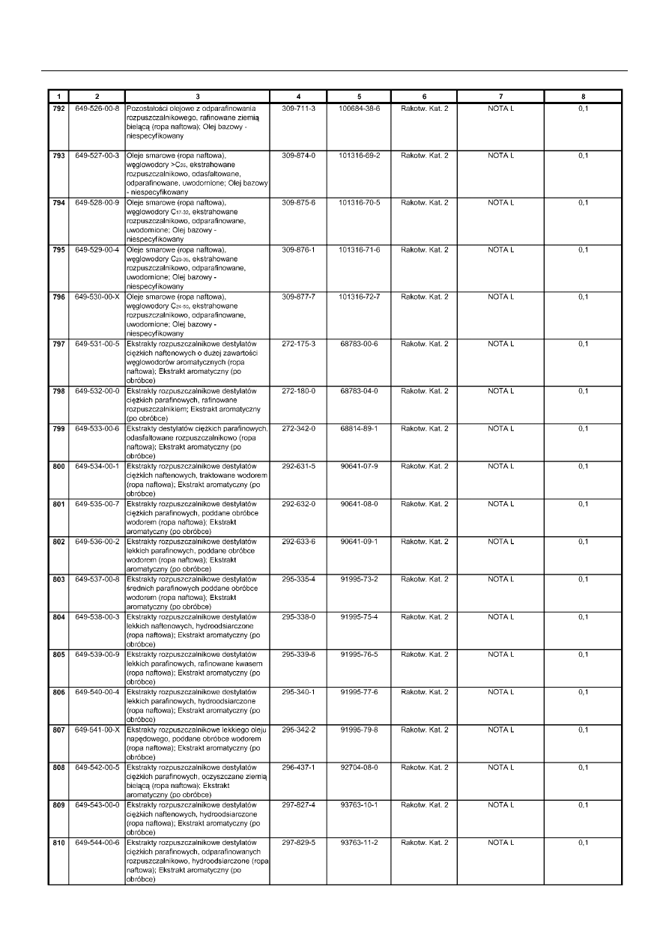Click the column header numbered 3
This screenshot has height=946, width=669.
click(197, 97)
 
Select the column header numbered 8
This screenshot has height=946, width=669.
click(583, 97)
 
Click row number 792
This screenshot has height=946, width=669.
click(58, 109)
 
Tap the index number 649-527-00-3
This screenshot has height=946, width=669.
click(97, 156)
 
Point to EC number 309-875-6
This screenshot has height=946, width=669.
click(298, 202)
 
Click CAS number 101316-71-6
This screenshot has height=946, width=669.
click(360, 249)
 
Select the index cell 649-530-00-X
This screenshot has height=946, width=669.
click(97, 297)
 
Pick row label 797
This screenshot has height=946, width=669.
click(58, 344)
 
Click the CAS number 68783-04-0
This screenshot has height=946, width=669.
click(360, 391)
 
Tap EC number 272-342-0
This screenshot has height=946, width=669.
click(298, 428)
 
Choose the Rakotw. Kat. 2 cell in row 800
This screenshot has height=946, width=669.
click(425, 466)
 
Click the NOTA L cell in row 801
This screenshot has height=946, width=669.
click(501, 503)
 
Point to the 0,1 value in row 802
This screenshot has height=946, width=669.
click(584, 542)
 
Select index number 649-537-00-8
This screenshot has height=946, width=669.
click(97, 579)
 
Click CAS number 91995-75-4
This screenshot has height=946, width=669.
click(360, 616)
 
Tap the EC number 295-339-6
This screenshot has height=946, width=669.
click(298, 655)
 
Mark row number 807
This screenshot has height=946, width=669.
click(58, 730)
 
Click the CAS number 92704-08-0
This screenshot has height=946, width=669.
click(360, 767)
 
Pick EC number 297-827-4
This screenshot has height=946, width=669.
click(298, 804)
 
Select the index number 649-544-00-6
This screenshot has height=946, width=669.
click(97, 843)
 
